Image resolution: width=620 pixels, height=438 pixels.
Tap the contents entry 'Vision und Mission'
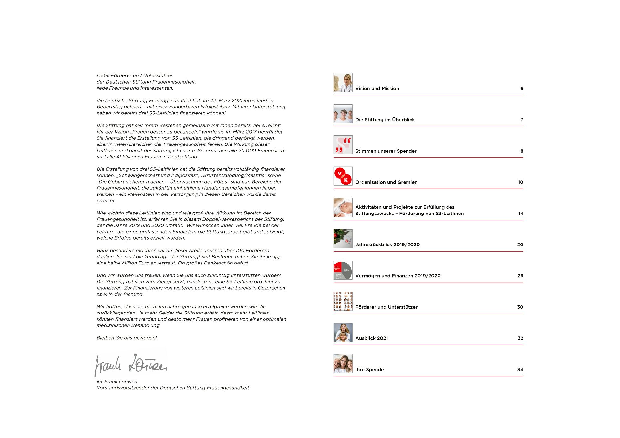coord(377,89)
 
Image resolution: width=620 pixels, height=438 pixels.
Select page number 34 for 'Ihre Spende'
coord(520,370)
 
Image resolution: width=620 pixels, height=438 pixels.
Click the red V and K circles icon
coord(343,176)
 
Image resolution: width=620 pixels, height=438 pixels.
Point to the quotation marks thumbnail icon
coord(343,145)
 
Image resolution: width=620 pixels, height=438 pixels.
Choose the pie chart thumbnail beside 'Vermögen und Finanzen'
coord(343,270)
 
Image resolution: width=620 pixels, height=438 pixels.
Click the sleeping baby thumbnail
coord(343,208)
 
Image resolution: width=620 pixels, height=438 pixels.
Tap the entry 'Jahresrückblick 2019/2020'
coord(387,245)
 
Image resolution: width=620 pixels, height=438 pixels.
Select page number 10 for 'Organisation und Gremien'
coord(521,182)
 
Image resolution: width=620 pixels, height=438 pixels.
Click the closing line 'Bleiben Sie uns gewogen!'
coord(127,338)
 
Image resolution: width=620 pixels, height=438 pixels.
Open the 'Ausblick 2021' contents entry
coord(371,338)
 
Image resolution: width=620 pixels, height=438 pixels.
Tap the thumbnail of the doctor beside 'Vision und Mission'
coord(343,83)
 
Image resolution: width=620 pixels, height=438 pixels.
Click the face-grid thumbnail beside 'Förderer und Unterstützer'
coord(343,301)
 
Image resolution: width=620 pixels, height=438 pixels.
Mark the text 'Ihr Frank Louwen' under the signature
coord(117,382)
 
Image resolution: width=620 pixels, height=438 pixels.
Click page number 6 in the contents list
coord(522,89)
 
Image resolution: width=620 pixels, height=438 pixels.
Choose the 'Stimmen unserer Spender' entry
coord(386,151)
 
